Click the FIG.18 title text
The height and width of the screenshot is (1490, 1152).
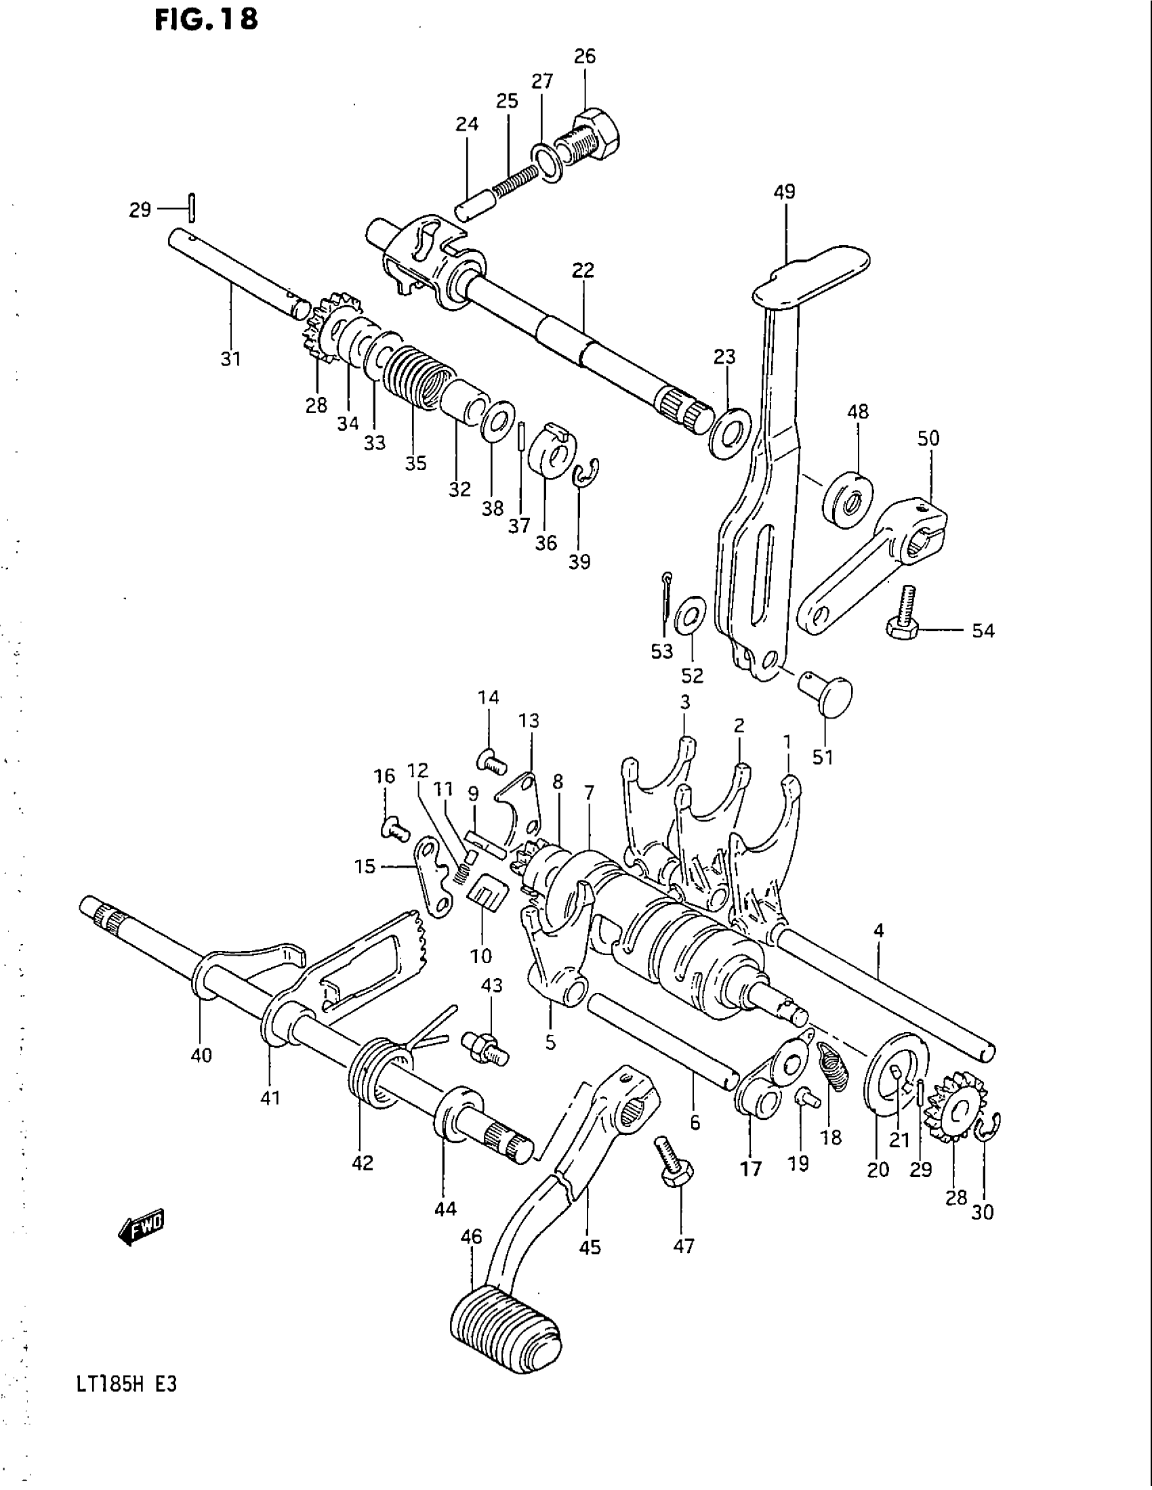[x=206, y=20]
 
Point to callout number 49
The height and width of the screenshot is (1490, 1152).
[x=784, y=192]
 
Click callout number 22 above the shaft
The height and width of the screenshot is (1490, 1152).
[x=583, y=270]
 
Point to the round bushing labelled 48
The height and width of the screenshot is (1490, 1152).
[x=848, y=498]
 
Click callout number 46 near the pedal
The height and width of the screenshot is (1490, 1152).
[x=472, y=1236]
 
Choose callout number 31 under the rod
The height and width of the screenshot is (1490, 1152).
[x=230, y=359]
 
